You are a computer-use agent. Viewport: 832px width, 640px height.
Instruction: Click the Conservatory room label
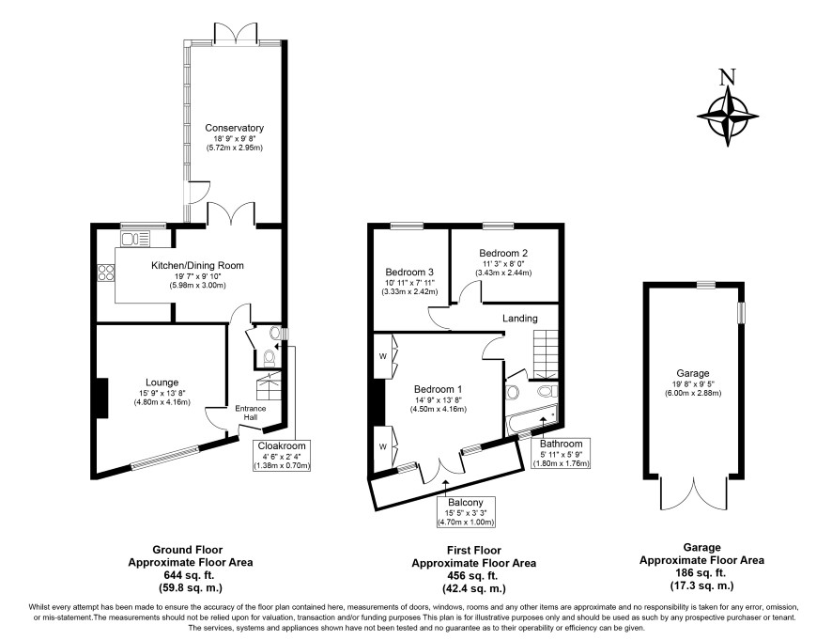[234, 128]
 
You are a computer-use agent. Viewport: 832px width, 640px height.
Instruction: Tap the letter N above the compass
[728, 78]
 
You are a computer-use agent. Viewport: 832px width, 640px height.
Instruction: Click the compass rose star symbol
[728, 116]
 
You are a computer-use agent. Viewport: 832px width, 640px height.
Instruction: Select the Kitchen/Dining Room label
[197, 266]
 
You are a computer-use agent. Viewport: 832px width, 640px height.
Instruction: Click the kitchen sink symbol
[136, 239]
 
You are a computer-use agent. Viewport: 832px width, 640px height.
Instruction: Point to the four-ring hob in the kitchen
[106, 273]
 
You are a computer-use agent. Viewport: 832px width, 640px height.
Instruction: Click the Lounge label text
[162, 382]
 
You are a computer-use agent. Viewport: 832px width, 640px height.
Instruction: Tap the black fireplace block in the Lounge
[102, 398]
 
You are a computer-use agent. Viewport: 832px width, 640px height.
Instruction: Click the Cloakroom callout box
[282, 455]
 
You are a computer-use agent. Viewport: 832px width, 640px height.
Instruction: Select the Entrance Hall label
[251, 413]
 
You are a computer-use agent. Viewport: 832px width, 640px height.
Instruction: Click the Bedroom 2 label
[503, 254]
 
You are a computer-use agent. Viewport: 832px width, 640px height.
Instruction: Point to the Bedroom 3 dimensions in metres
[409, 291]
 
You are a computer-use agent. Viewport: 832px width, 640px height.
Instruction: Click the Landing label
[520, 319]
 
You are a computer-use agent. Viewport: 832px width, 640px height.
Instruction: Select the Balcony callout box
[466, 512]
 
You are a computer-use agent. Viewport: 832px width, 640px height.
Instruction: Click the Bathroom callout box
[561, 453]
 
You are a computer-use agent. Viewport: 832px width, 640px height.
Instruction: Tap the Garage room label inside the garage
[693, 373]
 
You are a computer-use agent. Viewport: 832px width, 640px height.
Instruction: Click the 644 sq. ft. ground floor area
[190, 575]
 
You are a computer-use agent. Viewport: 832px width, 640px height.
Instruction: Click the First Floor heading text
[474, 550]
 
